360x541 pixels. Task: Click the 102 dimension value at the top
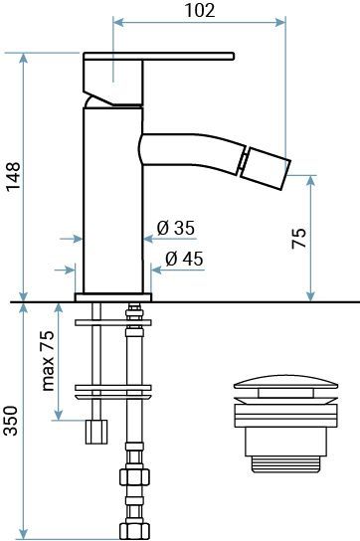(200, 10)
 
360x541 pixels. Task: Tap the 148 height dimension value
(14, 176)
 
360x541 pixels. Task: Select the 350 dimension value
(10, 421)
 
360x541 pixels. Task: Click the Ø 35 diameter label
(176, 228)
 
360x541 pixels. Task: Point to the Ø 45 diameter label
(184, 259)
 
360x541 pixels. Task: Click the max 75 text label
(48, 361)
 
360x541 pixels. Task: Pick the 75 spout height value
(298, 238)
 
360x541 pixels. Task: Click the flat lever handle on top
(159, 56)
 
